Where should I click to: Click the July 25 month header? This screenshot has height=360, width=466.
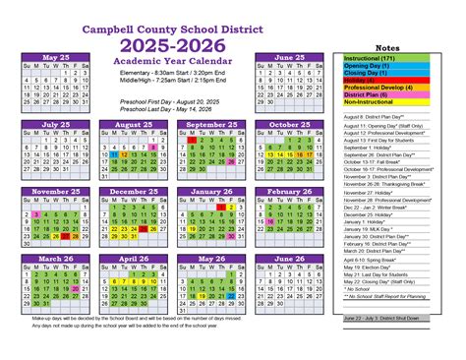tap(55, 125)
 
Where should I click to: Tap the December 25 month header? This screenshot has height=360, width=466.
tap(133, 192)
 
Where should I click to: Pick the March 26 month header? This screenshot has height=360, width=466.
tap(55, 259)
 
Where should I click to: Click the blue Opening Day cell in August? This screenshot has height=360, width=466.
tap(113, 154)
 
